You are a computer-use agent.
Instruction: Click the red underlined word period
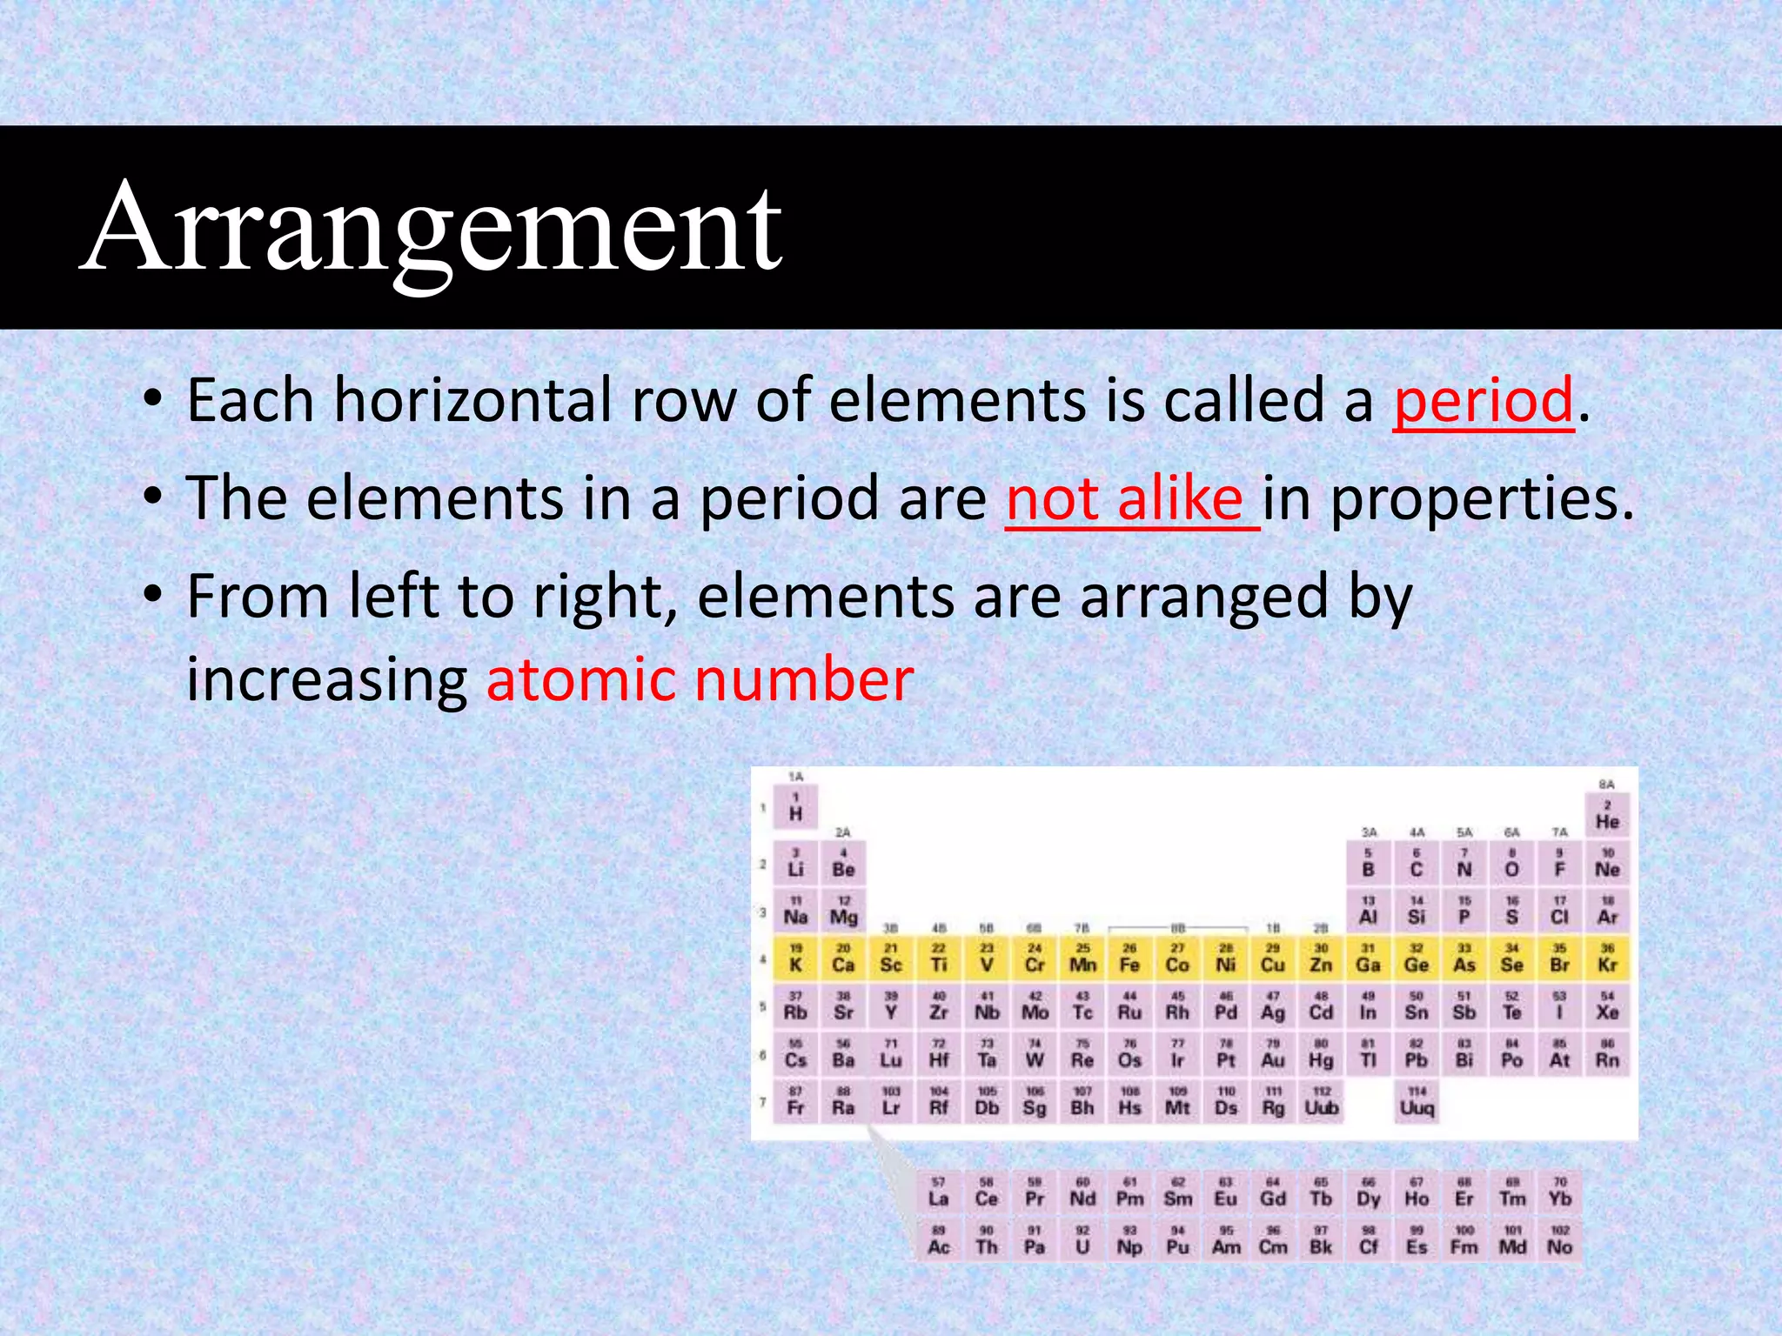tap(1484, 401)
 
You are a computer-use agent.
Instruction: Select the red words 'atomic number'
tap(700, 679)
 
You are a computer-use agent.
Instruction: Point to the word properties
tap(1483, 501)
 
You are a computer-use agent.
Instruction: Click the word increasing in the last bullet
tap(327, 679)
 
